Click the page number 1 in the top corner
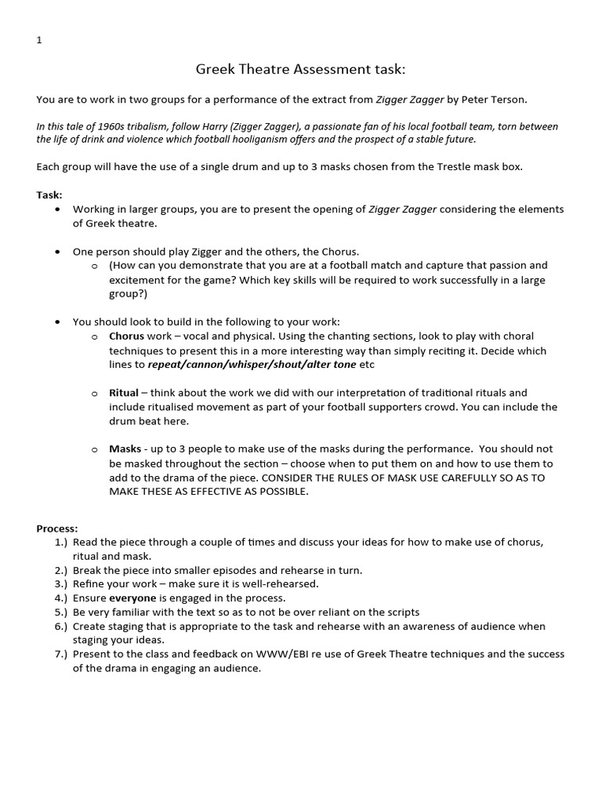pyautogui.click(x=39, y=41)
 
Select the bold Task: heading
pyautogui.click(x=49, y=194)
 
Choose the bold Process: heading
pyautogui.click(x=57, y=529)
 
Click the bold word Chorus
pyautogui.click(x=127, y=336)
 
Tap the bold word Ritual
pyautogui.click(x=124, y=392)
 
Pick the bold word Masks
pyautogui.click(x=125, y=449)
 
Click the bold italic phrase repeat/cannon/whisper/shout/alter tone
pyautogui.click(x=252, y=365)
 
